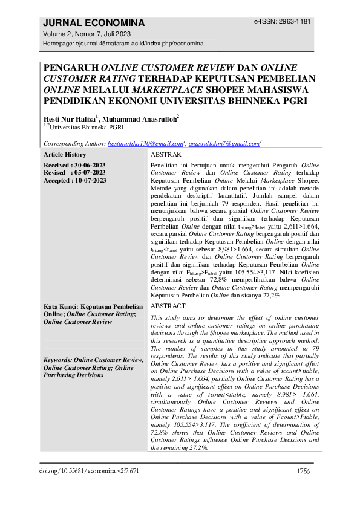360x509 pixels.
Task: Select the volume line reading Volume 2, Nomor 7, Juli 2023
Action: pos(87,34)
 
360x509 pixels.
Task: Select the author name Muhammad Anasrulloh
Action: pos(138,118)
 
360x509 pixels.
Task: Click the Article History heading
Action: pos(64,155)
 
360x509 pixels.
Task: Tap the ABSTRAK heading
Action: pos(166,155)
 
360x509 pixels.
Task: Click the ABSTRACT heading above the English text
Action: pos(168,306)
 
